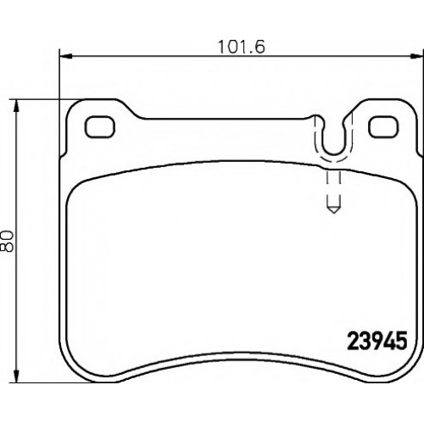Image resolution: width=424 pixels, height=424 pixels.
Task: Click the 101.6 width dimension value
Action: (x=242, y=47)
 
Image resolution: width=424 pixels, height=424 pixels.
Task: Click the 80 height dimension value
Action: (x=7, y=241)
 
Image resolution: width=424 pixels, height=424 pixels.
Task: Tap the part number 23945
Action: (x=377, y=341)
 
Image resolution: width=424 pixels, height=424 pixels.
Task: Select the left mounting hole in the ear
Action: (x=100, y=127)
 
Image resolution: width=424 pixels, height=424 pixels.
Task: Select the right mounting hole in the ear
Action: (x=383, y=127)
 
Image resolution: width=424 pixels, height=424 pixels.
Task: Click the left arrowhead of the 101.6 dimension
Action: (x=66, y=57)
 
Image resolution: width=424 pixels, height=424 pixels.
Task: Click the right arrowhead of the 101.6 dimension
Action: (x=417, y=57)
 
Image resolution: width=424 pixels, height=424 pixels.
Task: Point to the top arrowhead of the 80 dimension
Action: (x=17, y=106)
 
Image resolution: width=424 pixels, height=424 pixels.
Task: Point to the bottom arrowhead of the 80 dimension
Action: (x=17, y=376)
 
